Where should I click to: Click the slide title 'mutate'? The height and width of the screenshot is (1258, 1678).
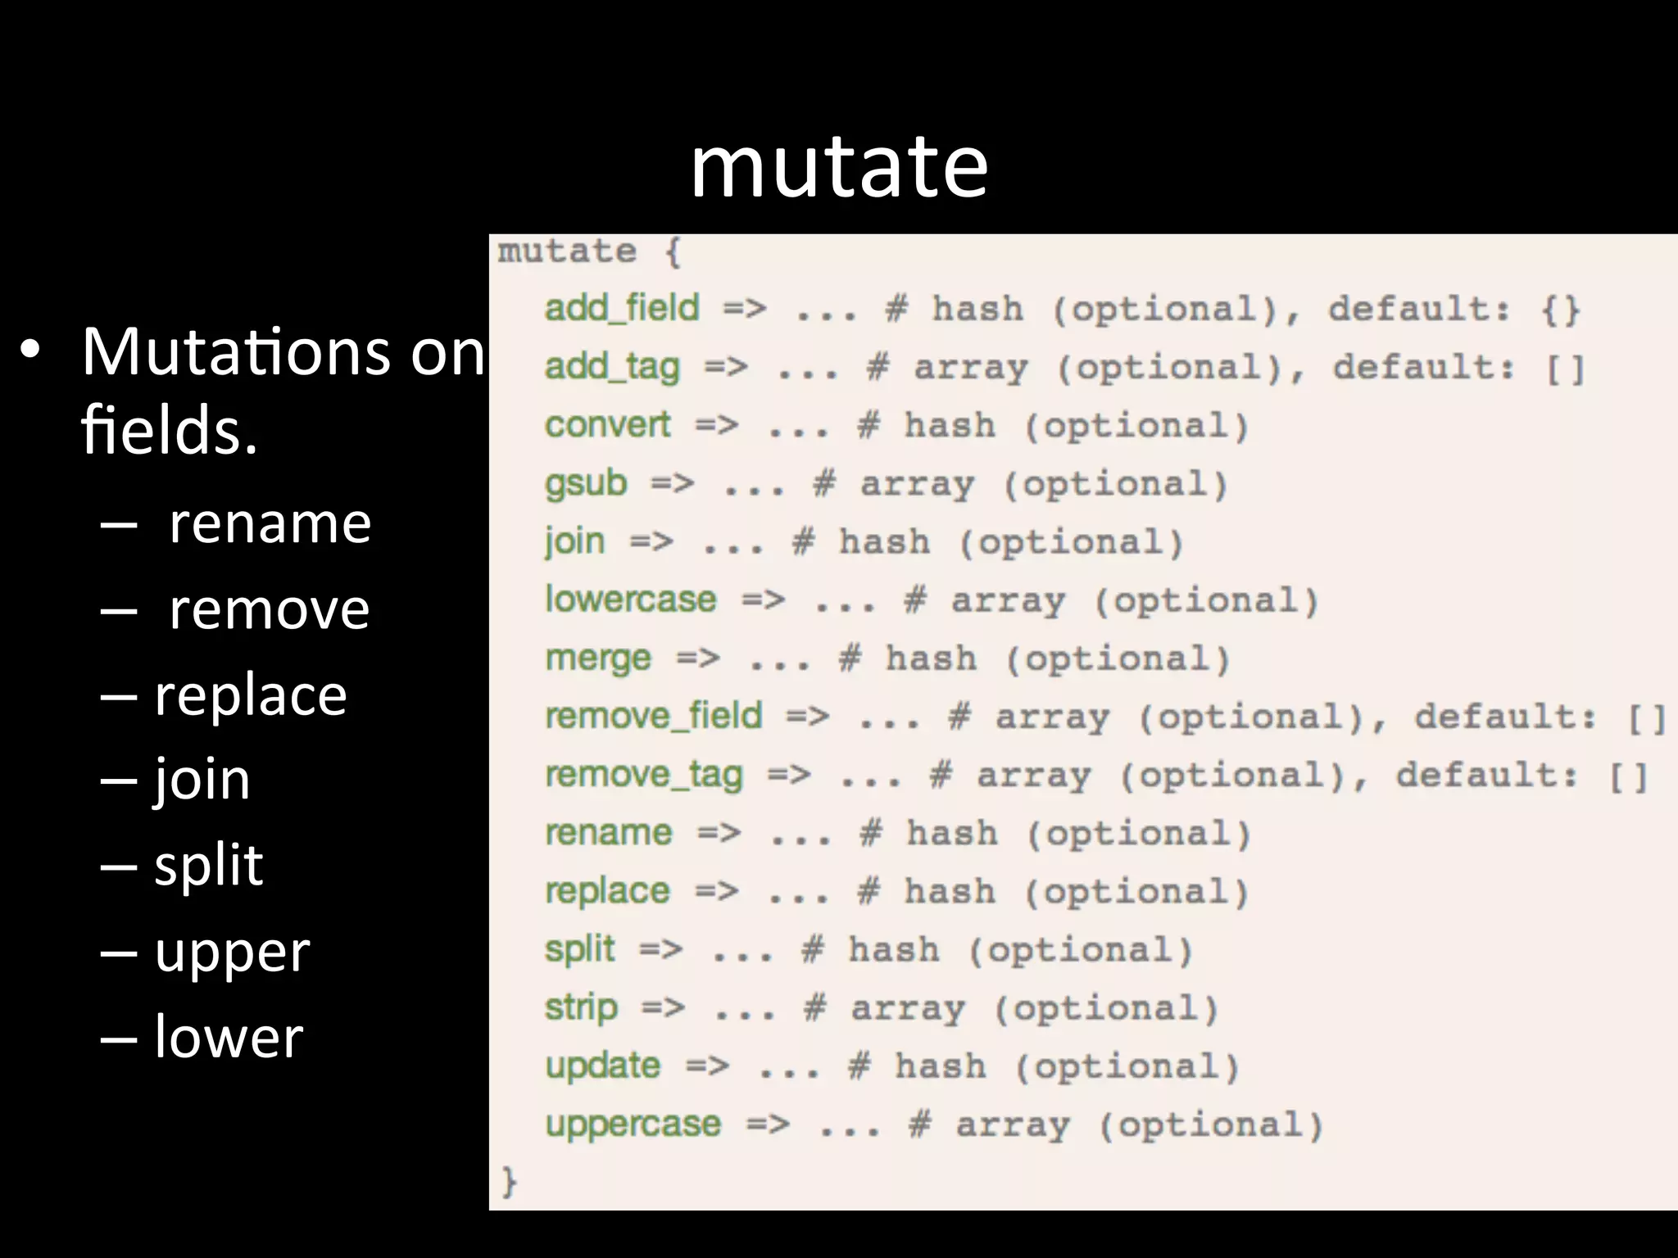(x=839, y=168)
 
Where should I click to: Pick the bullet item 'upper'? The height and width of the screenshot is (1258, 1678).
(x=232, y=953)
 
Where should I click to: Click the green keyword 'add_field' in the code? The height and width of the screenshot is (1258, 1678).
(x=622, y=309)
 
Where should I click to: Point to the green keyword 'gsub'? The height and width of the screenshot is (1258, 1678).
(x=586, y=483)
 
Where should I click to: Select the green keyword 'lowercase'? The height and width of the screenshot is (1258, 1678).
(x=631, y=600)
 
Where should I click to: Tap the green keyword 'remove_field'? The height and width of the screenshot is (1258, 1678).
(x=654, y=716)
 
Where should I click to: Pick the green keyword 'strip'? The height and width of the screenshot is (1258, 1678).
(x=581, y=1007)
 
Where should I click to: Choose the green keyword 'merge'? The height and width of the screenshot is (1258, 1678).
(x=598, y=658)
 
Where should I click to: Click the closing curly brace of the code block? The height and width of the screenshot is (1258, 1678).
(x=509, y=1182)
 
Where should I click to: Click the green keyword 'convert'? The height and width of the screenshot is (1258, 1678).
(x=607, y=425)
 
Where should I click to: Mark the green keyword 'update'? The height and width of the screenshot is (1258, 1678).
(x=603, y=1066)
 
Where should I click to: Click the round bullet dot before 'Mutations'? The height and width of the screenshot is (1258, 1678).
(x=30, y=353)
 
